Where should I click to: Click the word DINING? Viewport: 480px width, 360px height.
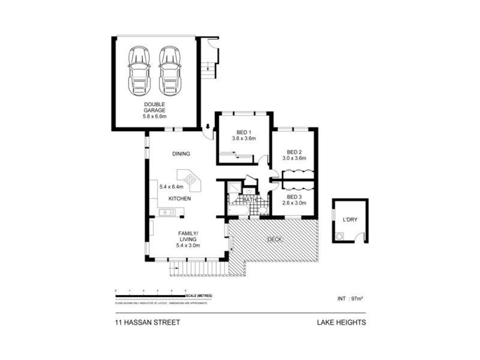181,154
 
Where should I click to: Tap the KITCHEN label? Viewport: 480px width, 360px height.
179,199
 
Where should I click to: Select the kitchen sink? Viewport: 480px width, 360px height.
166,211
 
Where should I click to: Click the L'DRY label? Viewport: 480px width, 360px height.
349,220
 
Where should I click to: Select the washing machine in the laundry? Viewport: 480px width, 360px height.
340,236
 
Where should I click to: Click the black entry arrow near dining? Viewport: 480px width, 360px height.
207,127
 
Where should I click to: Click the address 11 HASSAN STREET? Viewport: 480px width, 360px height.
147,322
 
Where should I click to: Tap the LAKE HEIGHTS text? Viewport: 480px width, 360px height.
341,322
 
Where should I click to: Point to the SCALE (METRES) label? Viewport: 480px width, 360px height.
199,296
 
